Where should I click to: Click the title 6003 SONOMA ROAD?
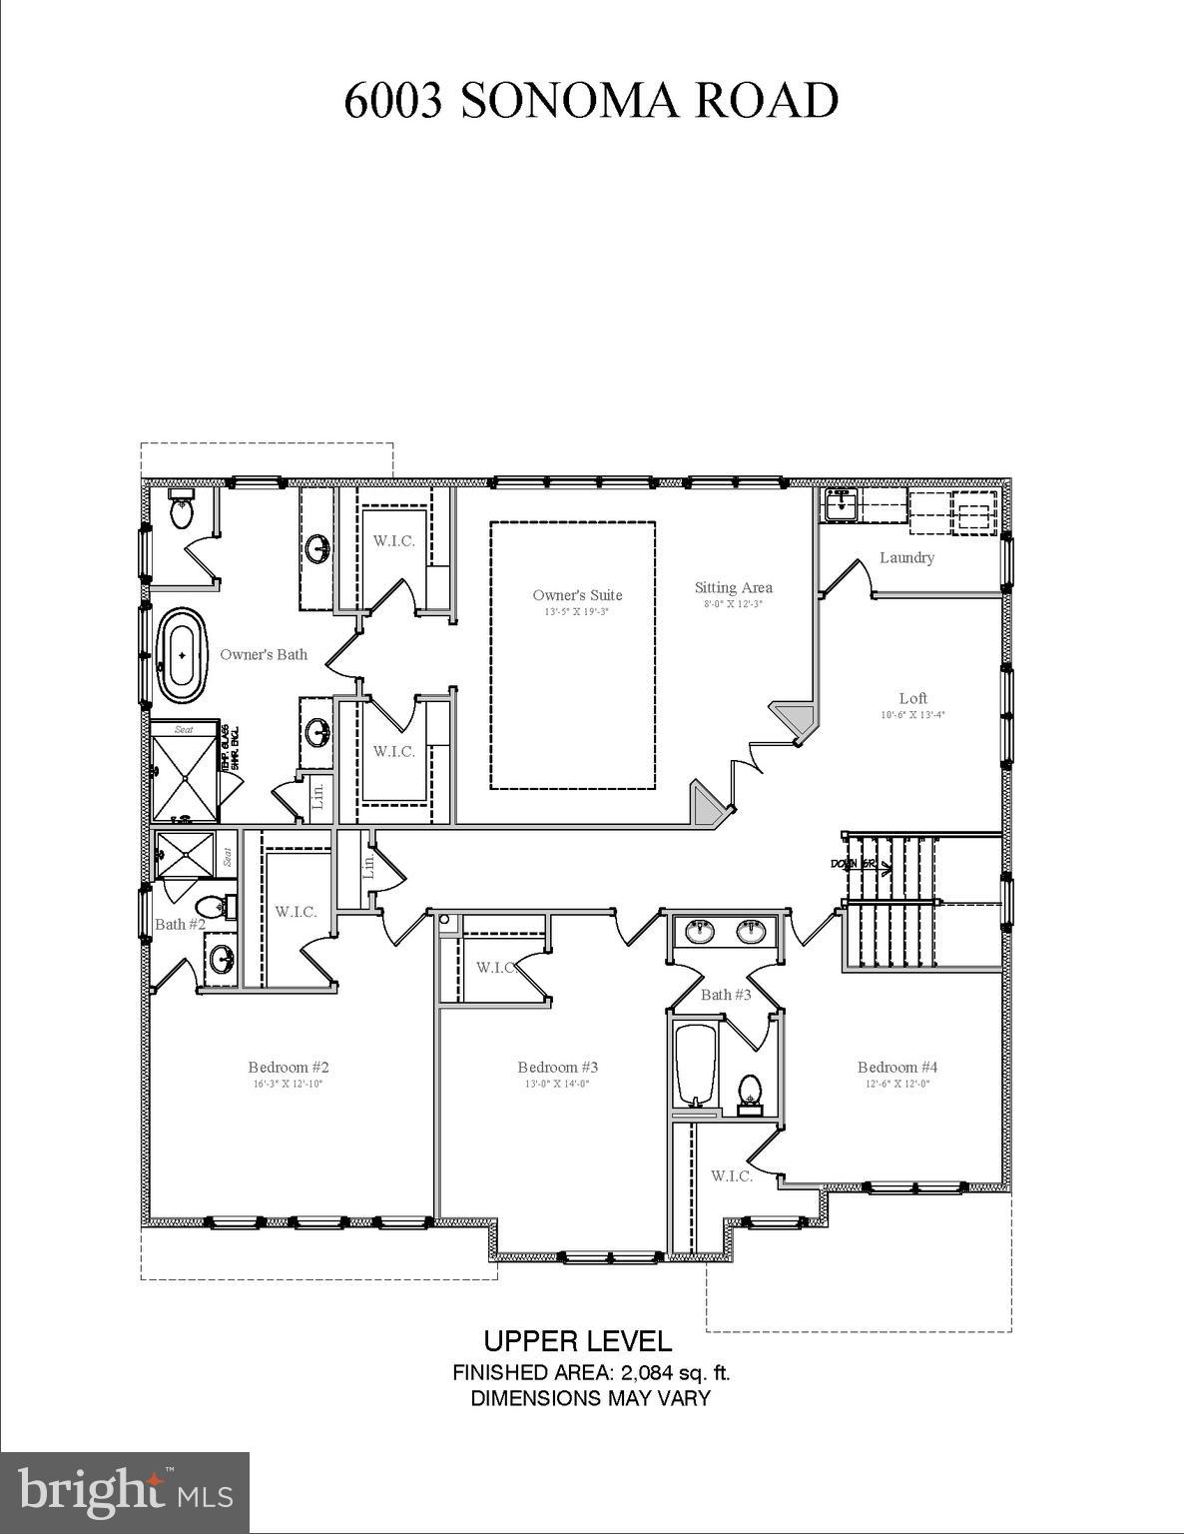pos(591,101)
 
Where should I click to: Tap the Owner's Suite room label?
pos(577,595)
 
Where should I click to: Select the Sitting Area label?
pos(733,587)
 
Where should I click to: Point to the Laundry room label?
pos(906,557)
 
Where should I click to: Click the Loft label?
pos(912,698)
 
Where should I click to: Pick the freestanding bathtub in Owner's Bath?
pos(182,654)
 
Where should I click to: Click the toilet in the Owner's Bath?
pos(182,510)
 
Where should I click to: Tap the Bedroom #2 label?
pos(289,1067)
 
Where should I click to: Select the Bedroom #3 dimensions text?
pos(557,1084)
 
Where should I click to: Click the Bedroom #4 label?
pos(896,1067)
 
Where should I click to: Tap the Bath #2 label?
pos(180,924)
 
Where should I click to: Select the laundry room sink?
pos(841,505)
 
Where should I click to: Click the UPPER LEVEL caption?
pos(577,1340)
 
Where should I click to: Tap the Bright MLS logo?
pos(125,1492)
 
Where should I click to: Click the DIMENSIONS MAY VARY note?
pos(590,1398)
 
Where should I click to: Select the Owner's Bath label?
pos(264,654)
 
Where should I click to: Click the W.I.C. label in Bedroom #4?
pos(731,1176)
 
